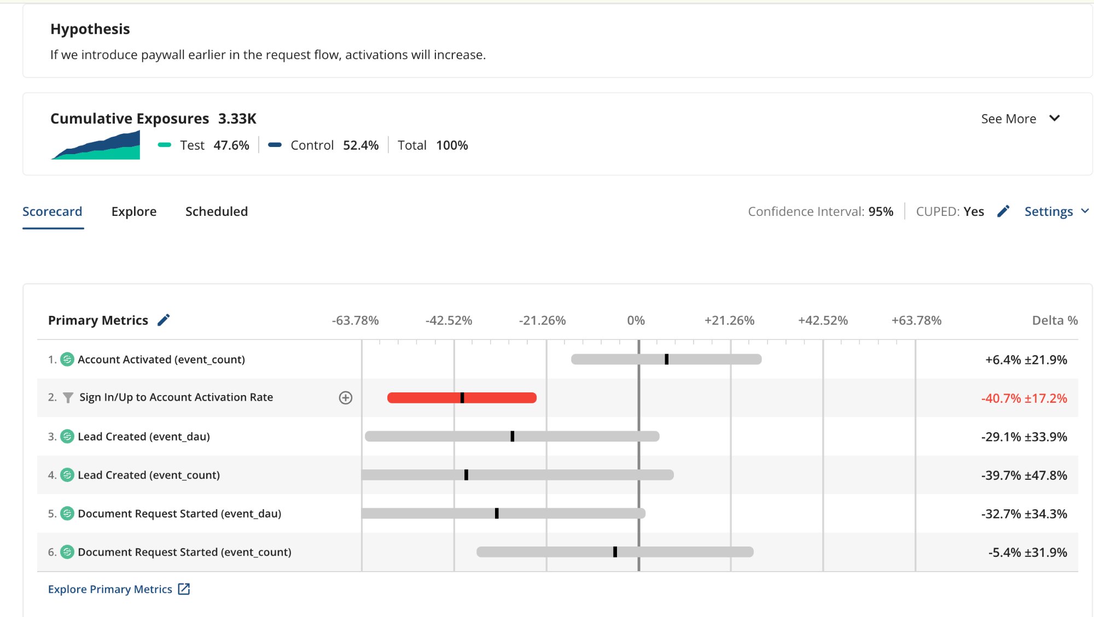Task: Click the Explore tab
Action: pos(133,211)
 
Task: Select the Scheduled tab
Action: pos(216,211)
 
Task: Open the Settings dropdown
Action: pos(1056,211)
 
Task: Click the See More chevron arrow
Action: pos(1055,119)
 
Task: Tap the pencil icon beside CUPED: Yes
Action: pos(1003,211)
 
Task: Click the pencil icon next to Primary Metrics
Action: pos(164,320)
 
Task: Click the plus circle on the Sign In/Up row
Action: pos(345,398)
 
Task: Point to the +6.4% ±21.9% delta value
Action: pos(1026,360)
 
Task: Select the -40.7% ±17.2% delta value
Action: pos(1023,398)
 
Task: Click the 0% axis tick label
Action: pos(636,321)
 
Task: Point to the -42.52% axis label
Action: pos(449,321)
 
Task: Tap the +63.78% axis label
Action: pos(916,321)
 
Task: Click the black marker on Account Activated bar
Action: pos(666,359)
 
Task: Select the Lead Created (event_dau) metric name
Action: pos(143,437)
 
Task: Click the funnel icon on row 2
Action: pos(68,398)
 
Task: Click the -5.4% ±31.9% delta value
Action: pos(1027,553)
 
